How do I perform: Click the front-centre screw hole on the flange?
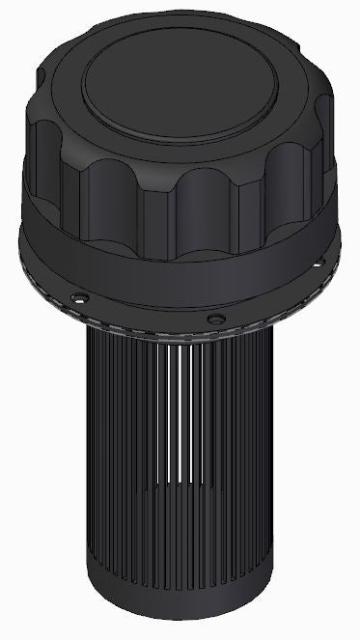coord(216,318)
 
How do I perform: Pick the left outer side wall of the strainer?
coord(97,434)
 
